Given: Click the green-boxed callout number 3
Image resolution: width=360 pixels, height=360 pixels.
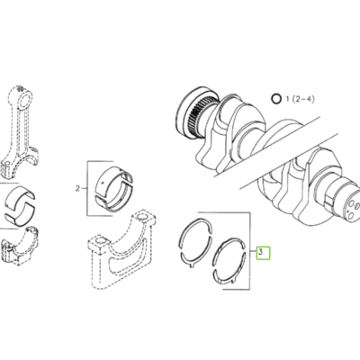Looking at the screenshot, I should tap(262, 253).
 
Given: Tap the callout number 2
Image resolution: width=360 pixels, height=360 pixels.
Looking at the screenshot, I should tap(79, 189).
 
